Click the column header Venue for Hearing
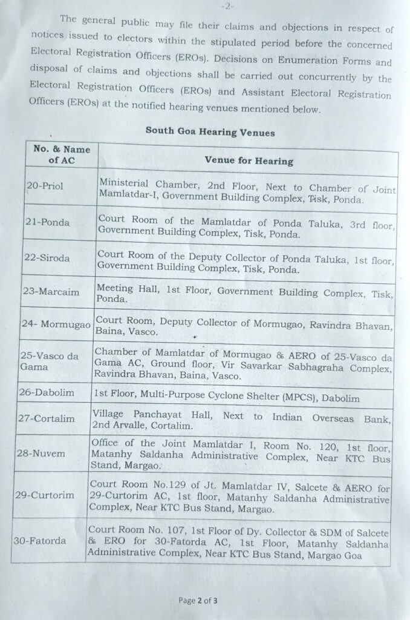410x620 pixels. coord(249,160)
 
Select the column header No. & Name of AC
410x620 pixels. coord(61,155)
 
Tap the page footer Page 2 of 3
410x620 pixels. coord(198,601)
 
